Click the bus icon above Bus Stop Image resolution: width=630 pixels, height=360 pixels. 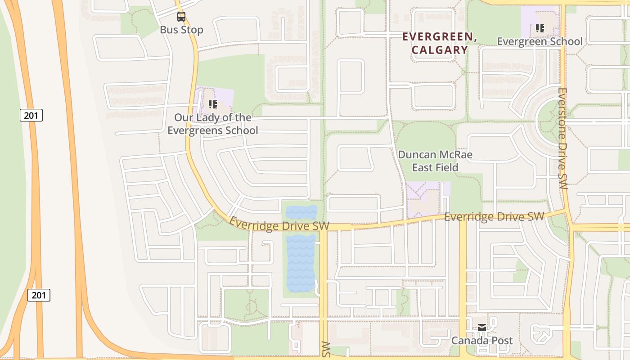(181, 17)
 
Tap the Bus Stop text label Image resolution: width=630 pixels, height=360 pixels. (181, 30)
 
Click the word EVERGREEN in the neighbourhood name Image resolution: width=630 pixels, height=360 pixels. (439, 37)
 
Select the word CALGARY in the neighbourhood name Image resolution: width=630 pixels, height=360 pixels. (440, 50)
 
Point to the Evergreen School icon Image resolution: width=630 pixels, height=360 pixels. (540, 28)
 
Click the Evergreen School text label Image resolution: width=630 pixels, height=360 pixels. (540, 41)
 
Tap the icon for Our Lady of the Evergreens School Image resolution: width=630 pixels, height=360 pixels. (213, 105)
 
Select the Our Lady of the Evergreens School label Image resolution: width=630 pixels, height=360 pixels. (213, 124)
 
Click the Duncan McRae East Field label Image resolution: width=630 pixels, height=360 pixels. (435, 161)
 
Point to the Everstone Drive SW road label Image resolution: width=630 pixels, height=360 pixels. (562, 138)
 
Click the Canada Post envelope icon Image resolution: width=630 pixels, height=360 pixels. (482, 328)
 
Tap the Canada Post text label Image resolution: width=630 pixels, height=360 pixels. (482, 341)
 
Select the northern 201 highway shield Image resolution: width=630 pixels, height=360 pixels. (31, 115)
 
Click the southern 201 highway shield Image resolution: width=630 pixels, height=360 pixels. (39, 295)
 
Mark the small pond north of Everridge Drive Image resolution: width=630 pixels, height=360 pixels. (301, 212)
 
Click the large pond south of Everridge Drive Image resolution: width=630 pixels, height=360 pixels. (301, 263)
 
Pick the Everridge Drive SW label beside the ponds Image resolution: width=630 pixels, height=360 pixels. (279, 224)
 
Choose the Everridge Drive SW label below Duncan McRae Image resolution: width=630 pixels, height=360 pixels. (494, 217)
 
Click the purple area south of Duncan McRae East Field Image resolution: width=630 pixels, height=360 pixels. (423, 198)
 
